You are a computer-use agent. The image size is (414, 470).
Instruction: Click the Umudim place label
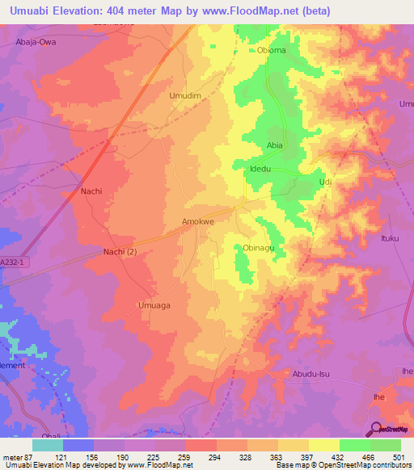[x=184, y=95]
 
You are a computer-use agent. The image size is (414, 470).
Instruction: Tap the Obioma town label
[x=272, y=50]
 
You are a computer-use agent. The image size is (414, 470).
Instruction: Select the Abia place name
[x=274, y=145]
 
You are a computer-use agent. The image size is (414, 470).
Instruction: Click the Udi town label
[x=326, y=183]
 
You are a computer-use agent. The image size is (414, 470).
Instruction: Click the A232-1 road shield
[x=11, y=262]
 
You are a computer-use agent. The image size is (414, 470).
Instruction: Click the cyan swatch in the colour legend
[x=48, y=445]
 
